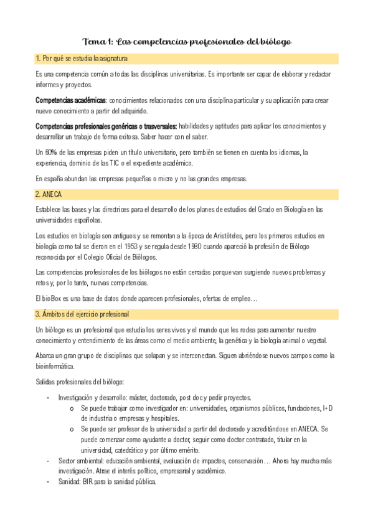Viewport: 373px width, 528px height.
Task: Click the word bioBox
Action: [52, 299]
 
